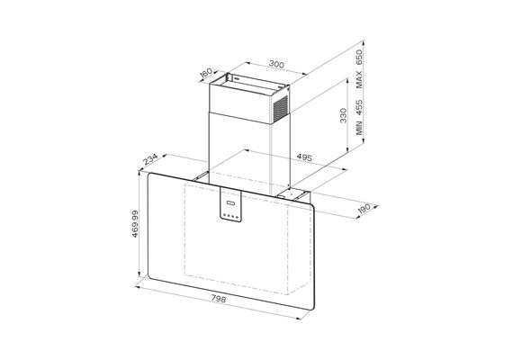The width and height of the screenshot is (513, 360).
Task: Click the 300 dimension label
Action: tap(276, 64)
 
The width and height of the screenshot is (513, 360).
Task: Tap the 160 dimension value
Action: tap(206, 73)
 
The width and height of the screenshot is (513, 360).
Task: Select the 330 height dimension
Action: tap(343, 115)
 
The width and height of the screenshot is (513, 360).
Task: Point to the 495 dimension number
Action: tap(304, 157)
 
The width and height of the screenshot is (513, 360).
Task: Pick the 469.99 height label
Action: tap(135, 224)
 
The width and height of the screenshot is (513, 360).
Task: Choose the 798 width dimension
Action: tap(218, 299)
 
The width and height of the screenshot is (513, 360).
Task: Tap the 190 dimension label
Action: tap(364, 209)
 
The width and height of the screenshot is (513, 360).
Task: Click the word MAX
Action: tap(359, 79)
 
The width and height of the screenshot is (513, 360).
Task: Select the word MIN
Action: tap(359, 128)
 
